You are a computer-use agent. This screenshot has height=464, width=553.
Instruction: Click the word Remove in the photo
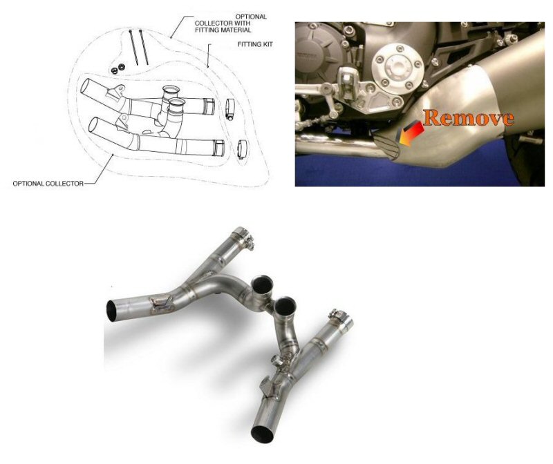(x=468, y=117)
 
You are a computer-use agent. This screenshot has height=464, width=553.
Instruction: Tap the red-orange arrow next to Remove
(x=412, y=130)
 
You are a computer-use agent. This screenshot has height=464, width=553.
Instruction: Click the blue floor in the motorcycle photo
(x=387, y=173)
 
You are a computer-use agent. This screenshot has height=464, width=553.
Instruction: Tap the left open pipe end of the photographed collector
(x=114, y=308)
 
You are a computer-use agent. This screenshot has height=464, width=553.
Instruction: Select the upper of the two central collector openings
(x=263, y=283)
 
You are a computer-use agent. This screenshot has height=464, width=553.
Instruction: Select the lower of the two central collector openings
(x=285, y=305)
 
